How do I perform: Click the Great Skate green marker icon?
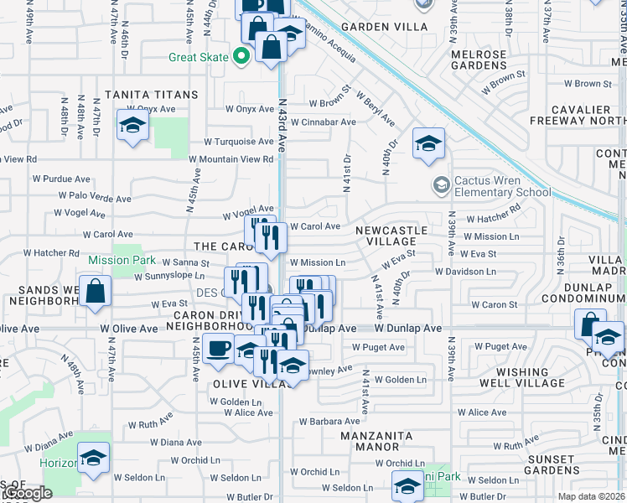coord(242,57)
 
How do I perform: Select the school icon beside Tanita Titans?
coord(132,125)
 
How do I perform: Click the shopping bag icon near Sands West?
coord(97,292)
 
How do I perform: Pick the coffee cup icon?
coord(219,347)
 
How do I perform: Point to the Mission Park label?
coord(122,260)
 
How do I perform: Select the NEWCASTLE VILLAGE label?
coord(391,236)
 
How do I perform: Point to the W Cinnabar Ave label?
coord(321,122)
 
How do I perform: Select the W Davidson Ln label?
coord(465,272)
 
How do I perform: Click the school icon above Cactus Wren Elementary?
coord(428,143)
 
